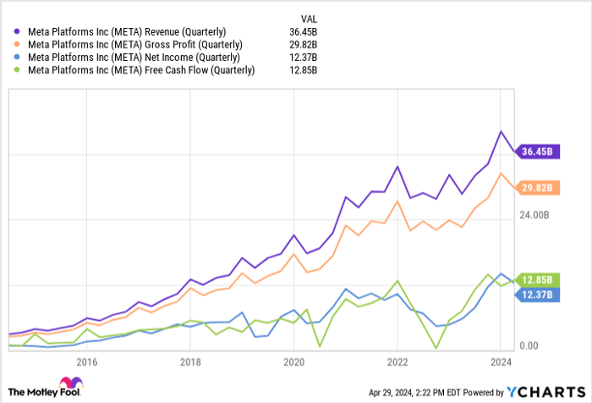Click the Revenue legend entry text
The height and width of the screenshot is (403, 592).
click(128, 32)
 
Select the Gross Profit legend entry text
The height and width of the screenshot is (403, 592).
click(133, 45)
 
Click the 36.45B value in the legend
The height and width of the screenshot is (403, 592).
click(304, 32)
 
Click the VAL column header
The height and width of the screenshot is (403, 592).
click(307, 18)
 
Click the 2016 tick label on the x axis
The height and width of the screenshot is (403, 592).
click(87, 362)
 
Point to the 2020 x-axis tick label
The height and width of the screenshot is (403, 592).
click(293, 362)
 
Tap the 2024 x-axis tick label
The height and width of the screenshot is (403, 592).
click(500, 362)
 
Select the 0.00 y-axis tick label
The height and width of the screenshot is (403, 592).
click(529, 346)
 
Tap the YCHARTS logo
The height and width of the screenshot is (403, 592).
click(543, 392)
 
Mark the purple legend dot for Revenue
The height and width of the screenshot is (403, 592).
click(18, 32)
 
